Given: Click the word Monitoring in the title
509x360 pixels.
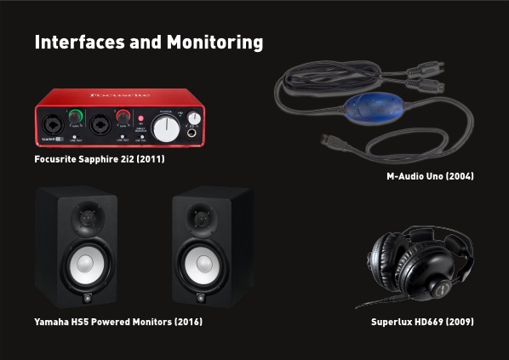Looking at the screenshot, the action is pos(214,43).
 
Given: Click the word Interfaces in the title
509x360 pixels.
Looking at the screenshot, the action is pos(79,42).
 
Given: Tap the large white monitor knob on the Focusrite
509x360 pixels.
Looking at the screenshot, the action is pos(166,129).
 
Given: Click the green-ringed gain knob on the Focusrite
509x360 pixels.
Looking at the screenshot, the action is pos(76,117).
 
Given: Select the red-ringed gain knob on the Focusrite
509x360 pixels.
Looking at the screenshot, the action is pos(123,117).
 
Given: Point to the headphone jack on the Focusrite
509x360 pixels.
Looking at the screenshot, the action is pos(192,133).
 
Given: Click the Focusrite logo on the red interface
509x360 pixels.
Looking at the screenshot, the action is pos(120,94).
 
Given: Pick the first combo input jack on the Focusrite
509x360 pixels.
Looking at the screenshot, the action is pos(53,125).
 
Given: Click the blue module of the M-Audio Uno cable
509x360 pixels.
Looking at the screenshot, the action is pos(375,107).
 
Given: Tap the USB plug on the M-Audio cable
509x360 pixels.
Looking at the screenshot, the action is pos(329,141).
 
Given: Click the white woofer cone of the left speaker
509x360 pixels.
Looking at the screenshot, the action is pos(86,265).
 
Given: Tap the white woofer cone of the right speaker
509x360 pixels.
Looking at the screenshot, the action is pos(203,265).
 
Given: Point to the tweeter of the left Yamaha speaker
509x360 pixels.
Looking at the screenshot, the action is pos(88,219).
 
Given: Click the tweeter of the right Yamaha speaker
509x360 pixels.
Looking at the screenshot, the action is pos(202,219).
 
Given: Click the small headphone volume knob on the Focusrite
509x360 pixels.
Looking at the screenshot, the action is pos(194,117).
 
